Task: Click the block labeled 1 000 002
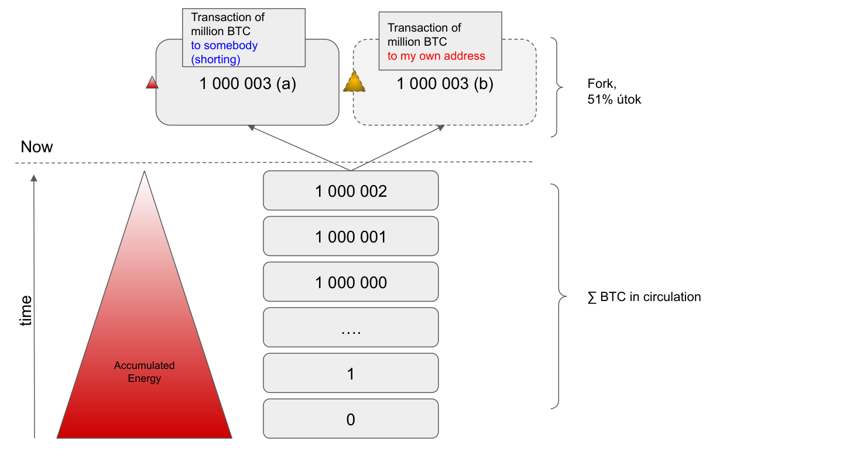click(x=351, y=191)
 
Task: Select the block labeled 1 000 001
click(x=351, y=237)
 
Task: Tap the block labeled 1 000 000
click(x=351, y=282)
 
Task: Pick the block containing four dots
click(x=351, y=328)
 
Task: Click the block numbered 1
click(x=351, y=374)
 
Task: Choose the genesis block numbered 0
click(x=351, y=419)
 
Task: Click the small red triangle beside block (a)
click(x=152, y=83)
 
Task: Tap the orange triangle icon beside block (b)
click(x=354, y=83)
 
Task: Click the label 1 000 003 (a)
click(x=248, y=84)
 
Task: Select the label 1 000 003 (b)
click(x=445, y=84)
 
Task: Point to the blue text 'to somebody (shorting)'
click(x=224, y=53)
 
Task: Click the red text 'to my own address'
click(x=436, y=56)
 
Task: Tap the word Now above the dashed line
click(x=36, y=147)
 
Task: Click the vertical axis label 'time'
click(x=26, y=311)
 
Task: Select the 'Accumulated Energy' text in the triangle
click(x=144, y=372)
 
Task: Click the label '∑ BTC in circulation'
click(x=644, y=297)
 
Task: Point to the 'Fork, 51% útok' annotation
click(x=614, y=92)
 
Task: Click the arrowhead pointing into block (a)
click(x=251, y=127)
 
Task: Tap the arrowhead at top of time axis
click(x=34, y=178)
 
